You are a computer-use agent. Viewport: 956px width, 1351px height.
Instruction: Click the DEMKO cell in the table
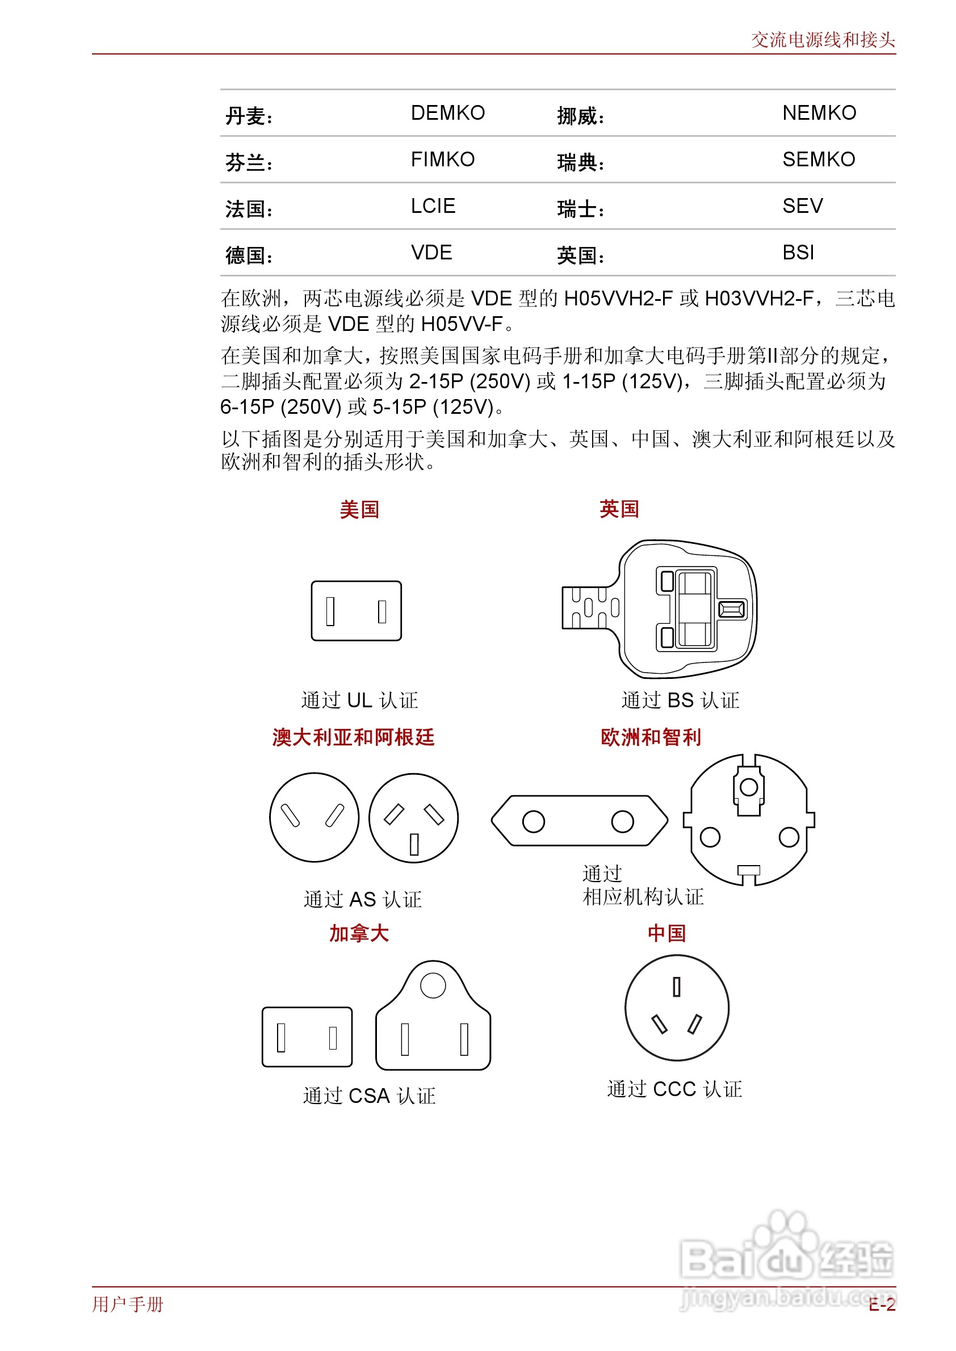click(447, 112)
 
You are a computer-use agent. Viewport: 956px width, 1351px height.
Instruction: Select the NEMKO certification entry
click(819, 112)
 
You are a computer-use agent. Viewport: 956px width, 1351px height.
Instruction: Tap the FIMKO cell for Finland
click(442, 159)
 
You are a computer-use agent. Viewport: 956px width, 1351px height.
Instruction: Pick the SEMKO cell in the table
click(818, 159)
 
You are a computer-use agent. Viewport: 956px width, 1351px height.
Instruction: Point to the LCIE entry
click(433, 206)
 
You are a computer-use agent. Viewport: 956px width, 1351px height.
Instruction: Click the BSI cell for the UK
click(798, 253)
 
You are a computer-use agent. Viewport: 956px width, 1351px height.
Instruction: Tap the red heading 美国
click(359, 509)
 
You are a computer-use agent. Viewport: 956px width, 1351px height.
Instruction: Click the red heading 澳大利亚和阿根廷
click(353, 737)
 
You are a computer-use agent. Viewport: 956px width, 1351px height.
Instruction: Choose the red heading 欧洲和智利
click(651, 737)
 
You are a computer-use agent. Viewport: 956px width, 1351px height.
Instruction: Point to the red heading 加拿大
click(359, 933)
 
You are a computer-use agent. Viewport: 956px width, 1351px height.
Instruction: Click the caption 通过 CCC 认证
click(674, 1089)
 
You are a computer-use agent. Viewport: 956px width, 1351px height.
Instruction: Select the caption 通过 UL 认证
click(359, 700)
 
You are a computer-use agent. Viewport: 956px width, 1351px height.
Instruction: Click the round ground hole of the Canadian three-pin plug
click(433, 985)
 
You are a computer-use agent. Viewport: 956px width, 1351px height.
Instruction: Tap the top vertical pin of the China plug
click(676, 987)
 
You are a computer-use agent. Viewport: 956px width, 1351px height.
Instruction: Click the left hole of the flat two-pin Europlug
click(533, 821)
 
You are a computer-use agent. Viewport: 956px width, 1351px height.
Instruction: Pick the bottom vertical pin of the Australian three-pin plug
click(414, 844)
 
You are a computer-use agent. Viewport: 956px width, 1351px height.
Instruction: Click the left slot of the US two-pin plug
click(330, 611)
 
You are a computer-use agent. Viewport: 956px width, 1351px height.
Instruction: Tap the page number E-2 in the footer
click(881, 1305)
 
